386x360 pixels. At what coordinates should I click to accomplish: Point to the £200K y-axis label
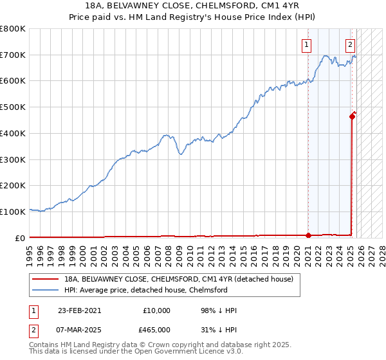click(x=13, y=186)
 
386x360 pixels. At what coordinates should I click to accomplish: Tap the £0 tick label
click(x=19, y=238)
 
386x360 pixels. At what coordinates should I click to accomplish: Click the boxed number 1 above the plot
click(x=306, y=45)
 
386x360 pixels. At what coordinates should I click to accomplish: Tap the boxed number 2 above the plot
click(x=350, y=45)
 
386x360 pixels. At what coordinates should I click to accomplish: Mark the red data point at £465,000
click(x=353, y=116)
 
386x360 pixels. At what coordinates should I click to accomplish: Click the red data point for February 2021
click(x=308, y=235)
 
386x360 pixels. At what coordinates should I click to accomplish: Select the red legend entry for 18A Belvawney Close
click(x=179, y=279)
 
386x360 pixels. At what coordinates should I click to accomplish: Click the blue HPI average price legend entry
click(x=146, y=290)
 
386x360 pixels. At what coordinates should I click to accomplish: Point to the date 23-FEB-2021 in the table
click(x=79, y=310)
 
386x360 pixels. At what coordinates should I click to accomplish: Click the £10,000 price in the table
click(x=156, y=310)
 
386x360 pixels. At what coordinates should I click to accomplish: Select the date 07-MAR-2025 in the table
click(x=80, y=329)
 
